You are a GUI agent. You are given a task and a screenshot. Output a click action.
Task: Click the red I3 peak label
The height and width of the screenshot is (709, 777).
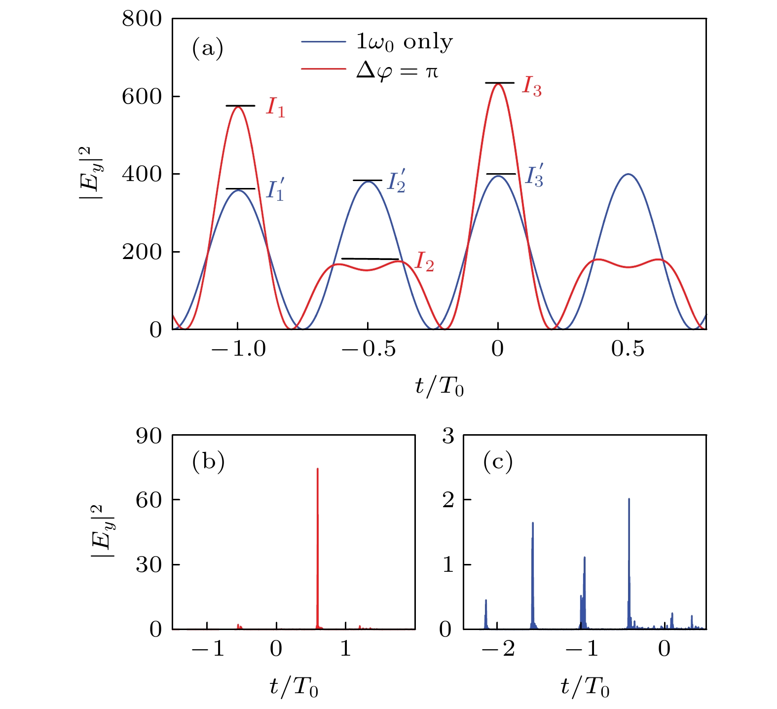pos(532,88)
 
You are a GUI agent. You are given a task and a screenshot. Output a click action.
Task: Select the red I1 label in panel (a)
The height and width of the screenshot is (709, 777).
pos(275,108)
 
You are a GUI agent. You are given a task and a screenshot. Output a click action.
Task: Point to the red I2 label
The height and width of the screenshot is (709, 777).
pos(424,261)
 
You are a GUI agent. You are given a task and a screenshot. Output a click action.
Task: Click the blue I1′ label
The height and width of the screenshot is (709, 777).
pos(275,190)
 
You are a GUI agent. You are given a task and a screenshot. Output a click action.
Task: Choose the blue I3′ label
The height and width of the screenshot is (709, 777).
pos(534,176)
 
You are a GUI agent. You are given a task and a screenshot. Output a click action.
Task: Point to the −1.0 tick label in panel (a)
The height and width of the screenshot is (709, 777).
pos(238,349)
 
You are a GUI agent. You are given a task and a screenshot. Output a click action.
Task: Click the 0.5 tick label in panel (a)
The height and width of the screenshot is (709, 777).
pos(628,349)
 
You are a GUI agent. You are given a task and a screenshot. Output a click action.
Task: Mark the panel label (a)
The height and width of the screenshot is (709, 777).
pos(207,48)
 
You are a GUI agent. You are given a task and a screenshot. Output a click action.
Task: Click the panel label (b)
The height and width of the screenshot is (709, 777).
pos(208,461)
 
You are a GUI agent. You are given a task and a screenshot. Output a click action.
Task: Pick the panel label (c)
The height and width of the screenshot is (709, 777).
pos(498,461)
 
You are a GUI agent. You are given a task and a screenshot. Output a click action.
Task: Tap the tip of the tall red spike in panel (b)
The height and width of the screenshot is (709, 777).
pos(317,469)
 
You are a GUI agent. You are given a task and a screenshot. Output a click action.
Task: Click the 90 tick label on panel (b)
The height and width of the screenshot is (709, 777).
pos(148,436)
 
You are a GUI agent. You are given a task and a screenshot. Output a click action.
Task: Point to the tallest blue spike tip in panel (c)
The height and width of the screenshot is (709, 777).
pos(629,499)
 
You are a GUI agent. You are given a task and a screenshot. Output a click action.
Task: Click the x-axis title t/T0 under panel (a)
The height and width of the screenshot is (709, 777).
pos(439,387)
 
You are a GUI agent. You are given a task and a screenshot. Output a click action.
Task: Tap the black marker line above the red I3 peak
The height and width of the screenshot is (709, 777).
pos(499,83)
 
